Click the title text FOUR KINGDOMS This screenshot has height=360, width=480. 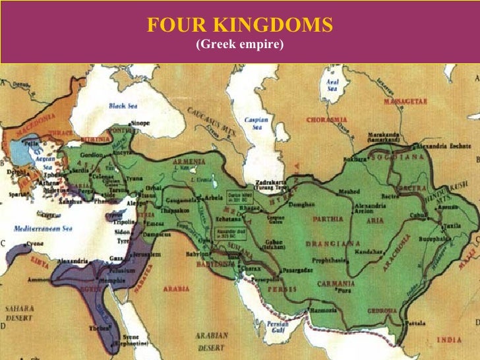point(240,26)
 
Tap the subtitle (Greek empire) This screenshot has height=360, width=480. point(240,46)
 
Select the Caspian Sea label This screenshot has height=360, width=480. point(255,123)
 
